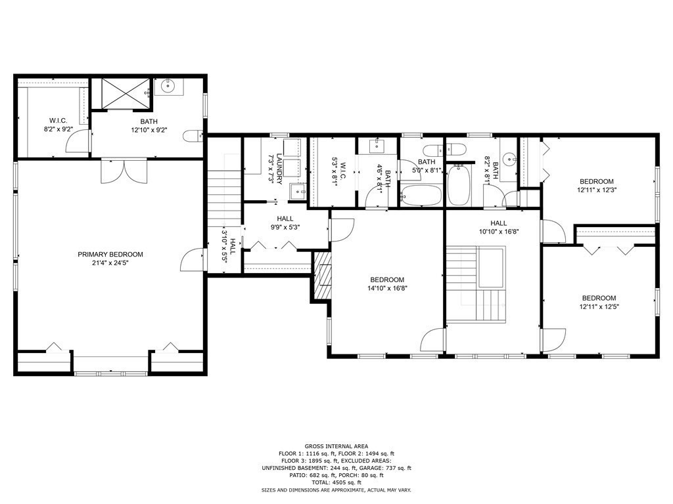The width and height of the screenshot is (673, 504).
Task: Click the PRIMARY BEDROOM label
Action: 110,254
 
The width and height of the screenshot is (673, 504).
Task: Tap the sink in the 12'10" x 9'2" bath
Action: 168,87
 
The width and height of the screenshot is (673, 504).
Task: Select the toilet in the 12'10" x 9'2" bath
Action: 193,136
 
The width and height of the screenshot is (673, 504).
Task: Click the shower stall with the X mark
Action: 122,94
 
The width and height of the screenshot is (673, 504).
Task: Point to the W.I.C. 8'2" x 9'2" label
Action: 58,125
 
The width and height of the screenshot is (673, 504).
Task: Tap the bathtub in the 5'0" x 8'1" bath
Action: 421,196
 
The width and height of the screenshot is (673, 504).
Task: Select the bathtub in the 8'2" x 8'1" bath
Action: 458,185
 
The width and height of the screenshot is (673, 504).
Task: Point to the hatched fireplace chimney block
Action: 323,275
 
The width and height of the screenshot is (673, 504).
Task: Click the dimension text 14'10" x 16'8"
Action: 387,289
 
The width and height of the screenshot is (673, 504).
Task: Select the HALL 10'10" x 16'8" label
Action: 499,227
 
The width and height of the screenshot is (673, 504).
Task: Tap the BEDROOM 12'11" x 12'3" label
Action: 597,186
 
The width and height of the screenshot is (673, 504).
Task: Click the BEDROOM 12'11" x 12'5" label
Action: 599,302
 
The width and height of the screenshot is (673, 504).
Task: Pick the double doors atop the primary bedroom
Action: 124,171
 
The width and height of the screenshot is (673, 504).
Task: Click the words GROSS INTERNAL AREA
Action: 336,446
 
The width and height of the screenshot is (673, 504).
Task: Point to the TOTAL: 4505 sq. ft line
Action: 336,482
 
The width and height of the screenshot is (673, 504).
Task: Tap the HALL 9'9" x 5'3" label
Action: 285,223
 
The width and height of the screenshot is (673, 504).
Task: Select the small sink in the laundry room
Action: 297,192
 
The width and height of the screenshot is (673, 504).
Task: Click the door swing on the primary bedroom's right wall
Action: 191,260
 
